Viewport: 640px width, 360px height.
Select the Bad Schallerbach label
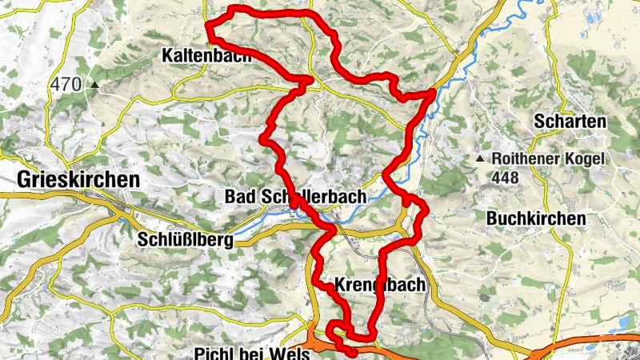pos(295,197)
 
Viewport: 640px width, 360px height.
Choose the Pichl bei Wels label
pos(251,353)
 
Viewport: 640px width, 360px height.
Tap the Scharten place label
pos(570,122)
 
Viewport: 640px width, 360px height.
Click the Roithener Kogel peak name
pos(548,159)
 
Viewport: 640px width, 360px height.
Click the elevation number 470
pos(66,83)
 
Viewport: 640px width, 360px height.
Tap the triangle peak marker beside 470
pos(95,83)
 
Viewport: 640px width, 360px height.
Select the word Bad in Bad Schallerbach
pos(238,197)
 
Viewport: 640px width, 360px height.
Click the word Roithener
pos(529,159)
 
